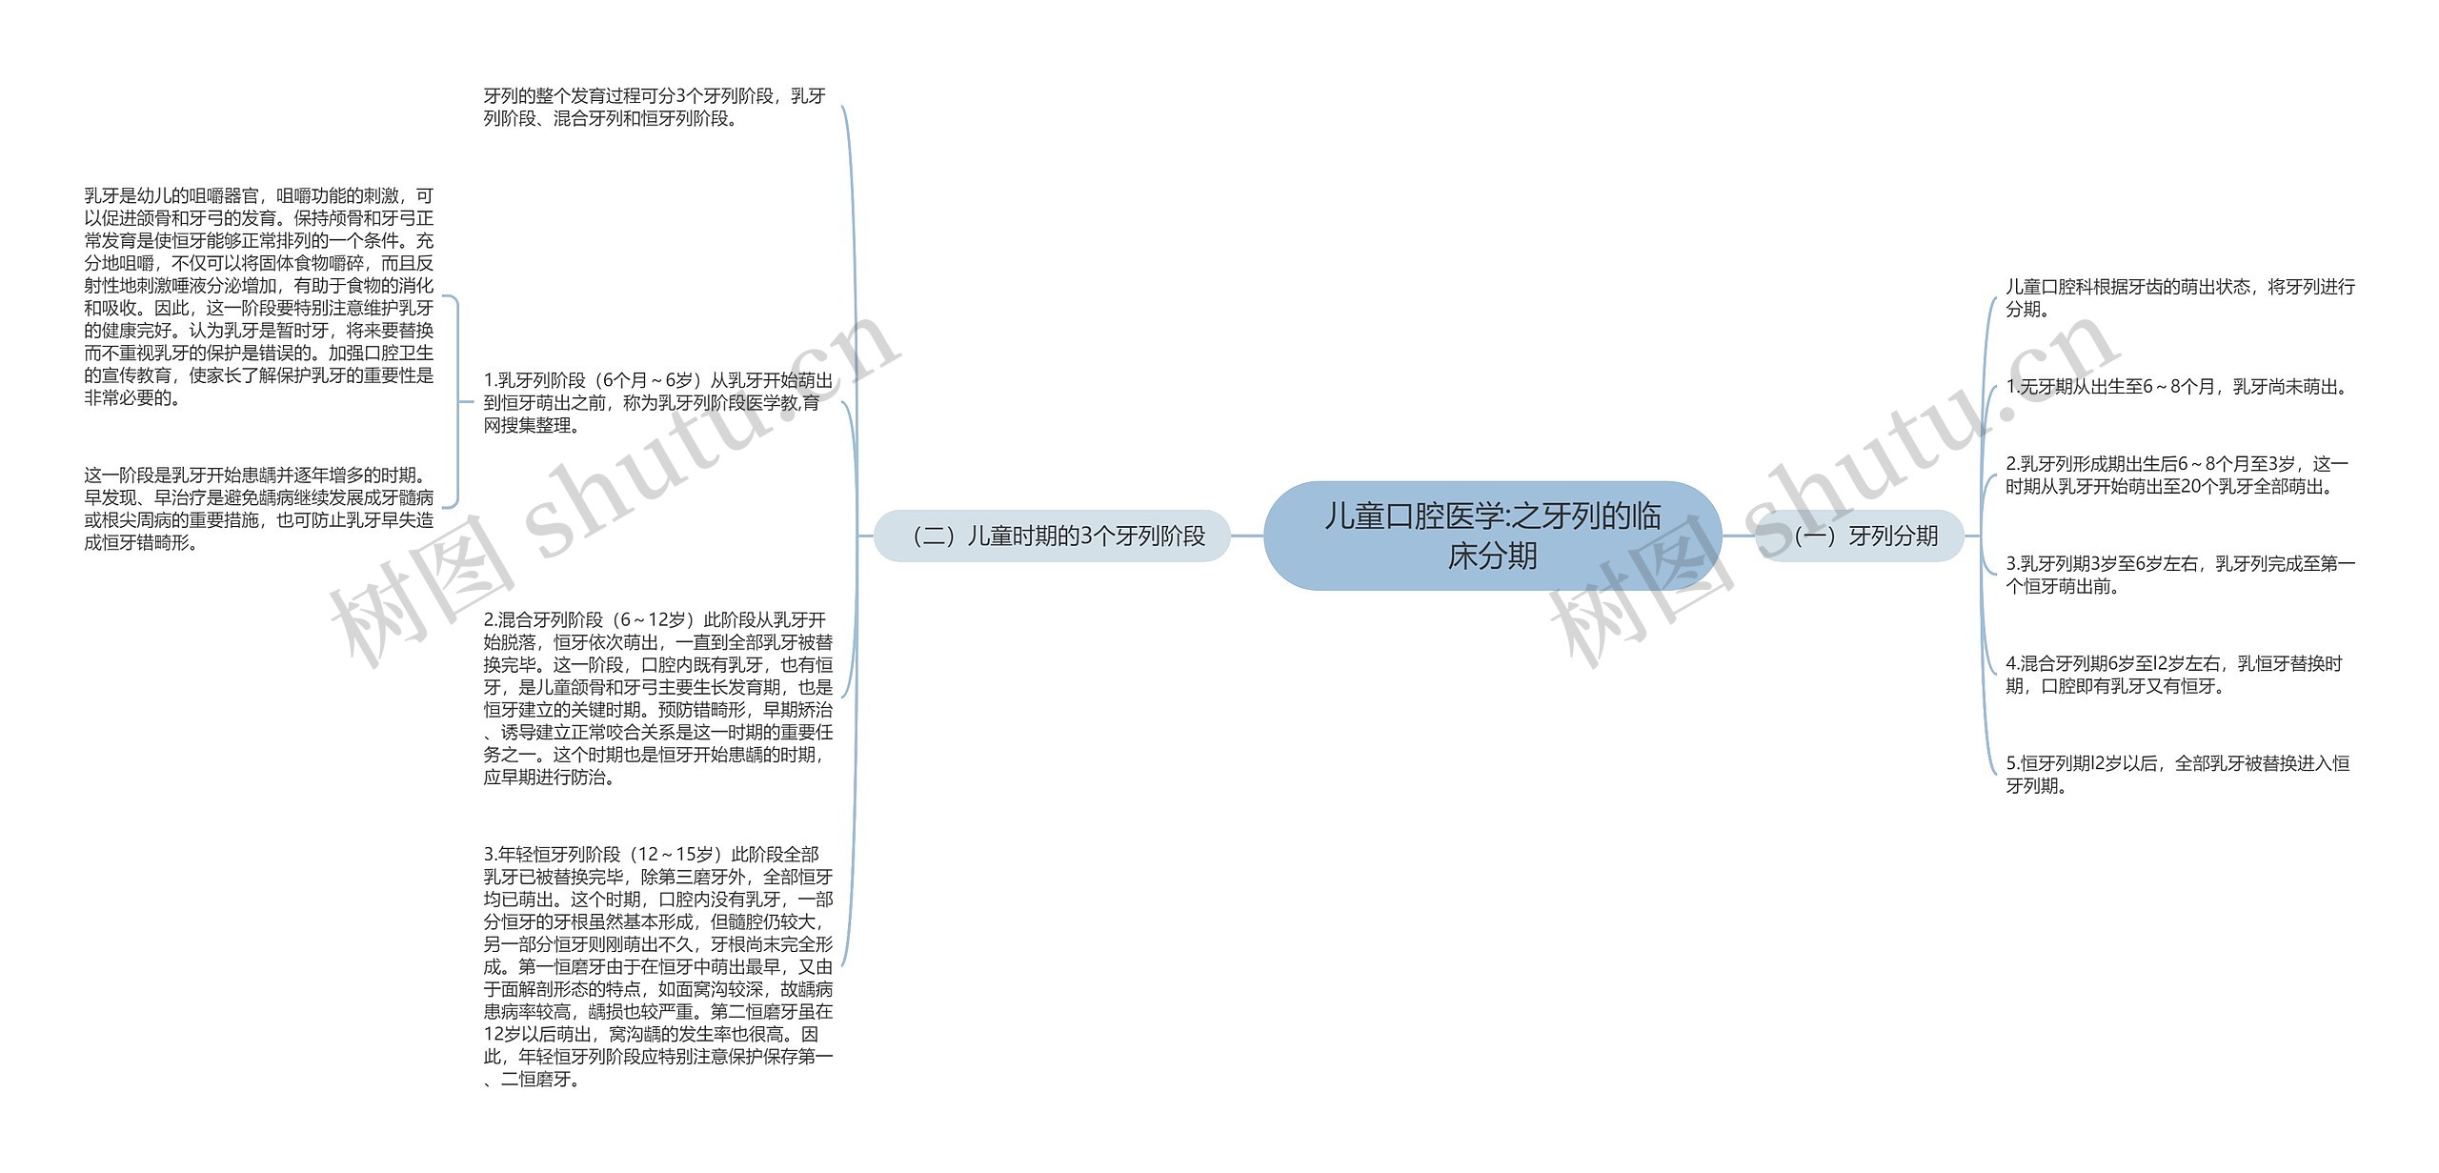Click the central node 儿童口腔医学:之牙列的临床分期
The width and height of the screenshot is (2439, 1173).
click(1492, 536)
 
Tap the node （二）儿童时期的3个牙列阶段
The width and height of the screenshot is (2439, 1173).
click(1053, 536)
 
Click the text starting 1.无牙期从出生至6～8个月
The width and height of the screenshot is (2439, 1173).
click(2177, 387)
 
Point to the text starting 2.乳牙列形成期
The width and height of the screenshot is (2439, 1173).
click(2177, 475)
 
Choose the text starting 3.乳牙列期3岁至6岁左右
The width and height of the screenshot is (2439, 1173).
click(2179, 575)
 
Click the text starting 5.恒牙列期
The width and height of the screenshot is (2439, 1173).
click(2176, 774)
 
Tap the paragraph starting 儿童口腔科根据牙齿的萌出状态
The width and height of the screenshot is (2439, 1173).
click(2179, 297)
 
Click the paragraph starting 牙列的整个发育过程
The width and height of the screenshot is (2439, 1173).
click(655, 107)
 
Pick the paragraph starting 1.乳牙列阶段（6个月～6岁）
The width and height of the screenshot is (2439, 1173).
click(657, 402)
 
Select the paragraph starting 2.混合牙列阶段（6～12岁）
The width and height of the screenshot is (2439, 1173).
click(657, 698)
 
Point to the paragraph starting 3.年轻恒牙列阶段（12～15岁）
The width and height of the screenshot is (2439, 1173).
click(657, 966)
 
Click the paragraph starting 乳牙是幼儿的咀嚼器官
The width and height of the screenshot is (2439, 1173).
click(258, 296)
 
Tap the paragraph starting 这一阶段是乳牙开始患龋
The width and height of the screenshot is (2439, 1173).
click(258, 509)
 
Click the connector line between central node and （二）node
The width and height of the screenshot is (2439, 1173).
click(1247, 536)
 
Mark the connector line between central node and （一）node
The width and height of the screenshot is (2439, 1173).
click(1739, 536)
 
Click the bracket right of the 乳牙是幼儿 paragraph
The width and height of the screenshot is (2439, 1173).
click(456, 401)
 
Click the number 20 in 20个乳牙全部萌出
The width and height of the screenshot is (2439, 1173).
click(2184, 487)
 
